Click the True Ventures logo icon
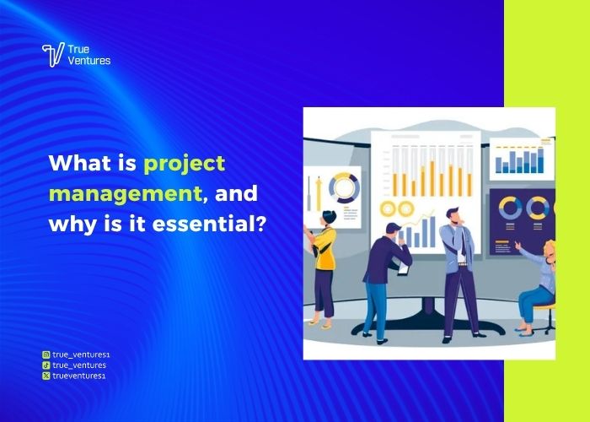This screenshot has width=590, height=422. (x=53, y=55)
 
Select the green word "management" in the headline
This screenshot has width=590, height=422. (x=125, y=194)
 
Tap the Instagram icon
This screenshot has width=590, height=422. (x=46, y=355)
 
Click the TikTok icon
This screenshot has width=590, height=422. (x=46, y=365)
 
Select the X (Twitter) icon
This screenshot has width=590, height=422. (x=46, y=376)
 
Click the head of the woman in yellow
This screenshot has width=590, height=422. (x=326, y=218)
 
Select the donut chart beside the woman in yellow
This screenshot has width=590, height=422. (x=344, y=187)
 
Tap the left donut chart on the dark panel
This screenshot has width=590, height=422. (x=510, y=208)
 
